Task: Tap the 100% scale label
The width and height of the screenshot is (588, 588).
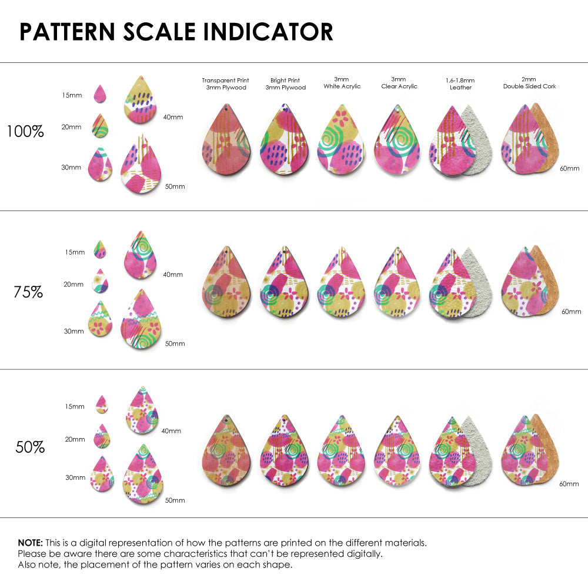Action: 25,132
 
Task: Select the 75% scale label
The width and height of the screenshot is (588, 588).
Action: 28,292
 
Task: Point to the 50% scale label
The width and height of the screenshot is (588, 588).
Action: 30,447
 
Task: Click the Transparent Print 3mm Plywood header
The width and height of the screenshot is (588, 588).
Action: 225,83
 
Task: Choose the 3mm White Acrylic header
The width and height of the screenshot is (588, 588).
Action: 342,83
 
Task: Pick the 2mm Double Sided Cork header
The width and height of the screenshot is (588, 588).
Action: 529,83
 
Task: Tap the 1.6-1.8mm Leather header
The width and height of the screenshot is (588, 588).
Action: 460,83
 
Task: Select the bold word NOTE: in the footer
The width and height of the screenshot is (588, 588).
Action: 29,543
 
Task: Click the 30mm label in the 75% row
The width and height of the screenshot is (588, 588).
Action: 73,331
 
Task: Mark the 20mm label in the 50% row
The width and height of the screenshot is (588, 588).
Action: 75,439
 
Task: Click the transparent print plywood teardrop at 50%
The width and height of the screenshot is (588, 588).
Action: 226,452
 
